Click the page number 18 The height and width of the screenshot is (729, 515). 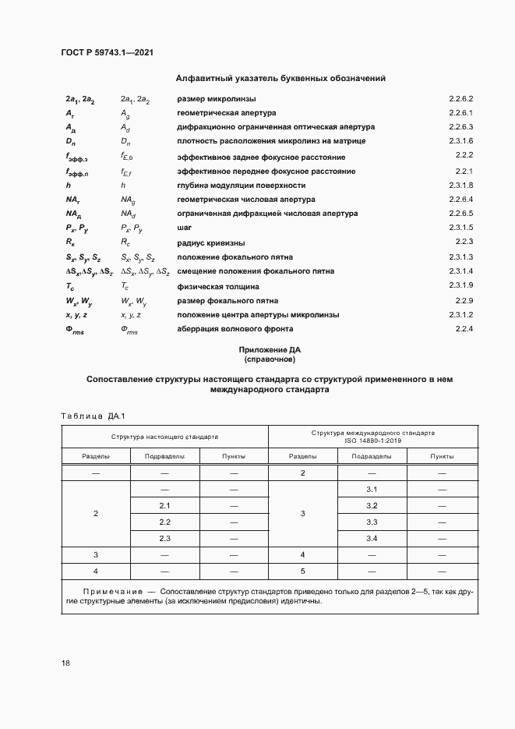66,663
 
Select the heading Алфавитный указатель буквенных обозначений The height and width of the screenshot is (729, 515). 280,78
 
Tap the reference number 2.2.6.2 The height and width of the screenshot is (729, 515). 461,99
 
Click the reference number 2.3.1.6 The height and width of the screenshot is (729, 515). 461,141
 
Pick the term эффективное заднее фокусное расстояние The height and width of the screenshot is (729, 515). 261,157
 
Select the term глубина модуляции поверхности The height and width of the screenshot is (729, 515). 242,186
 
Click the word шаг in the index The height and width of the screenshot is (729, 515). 185,228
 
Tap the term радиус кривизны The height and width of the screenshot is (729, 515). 212,242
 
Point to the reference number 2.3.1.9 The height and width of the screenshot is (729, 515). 461,286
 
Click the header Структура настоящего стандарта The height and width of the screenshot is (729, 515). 164,437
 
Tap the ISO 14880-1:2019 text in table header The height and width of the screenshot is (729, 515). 372,441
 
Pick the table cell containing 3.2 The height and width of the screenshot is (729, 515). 372,505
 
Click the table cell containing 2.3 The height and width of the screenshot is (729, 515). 164,539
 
